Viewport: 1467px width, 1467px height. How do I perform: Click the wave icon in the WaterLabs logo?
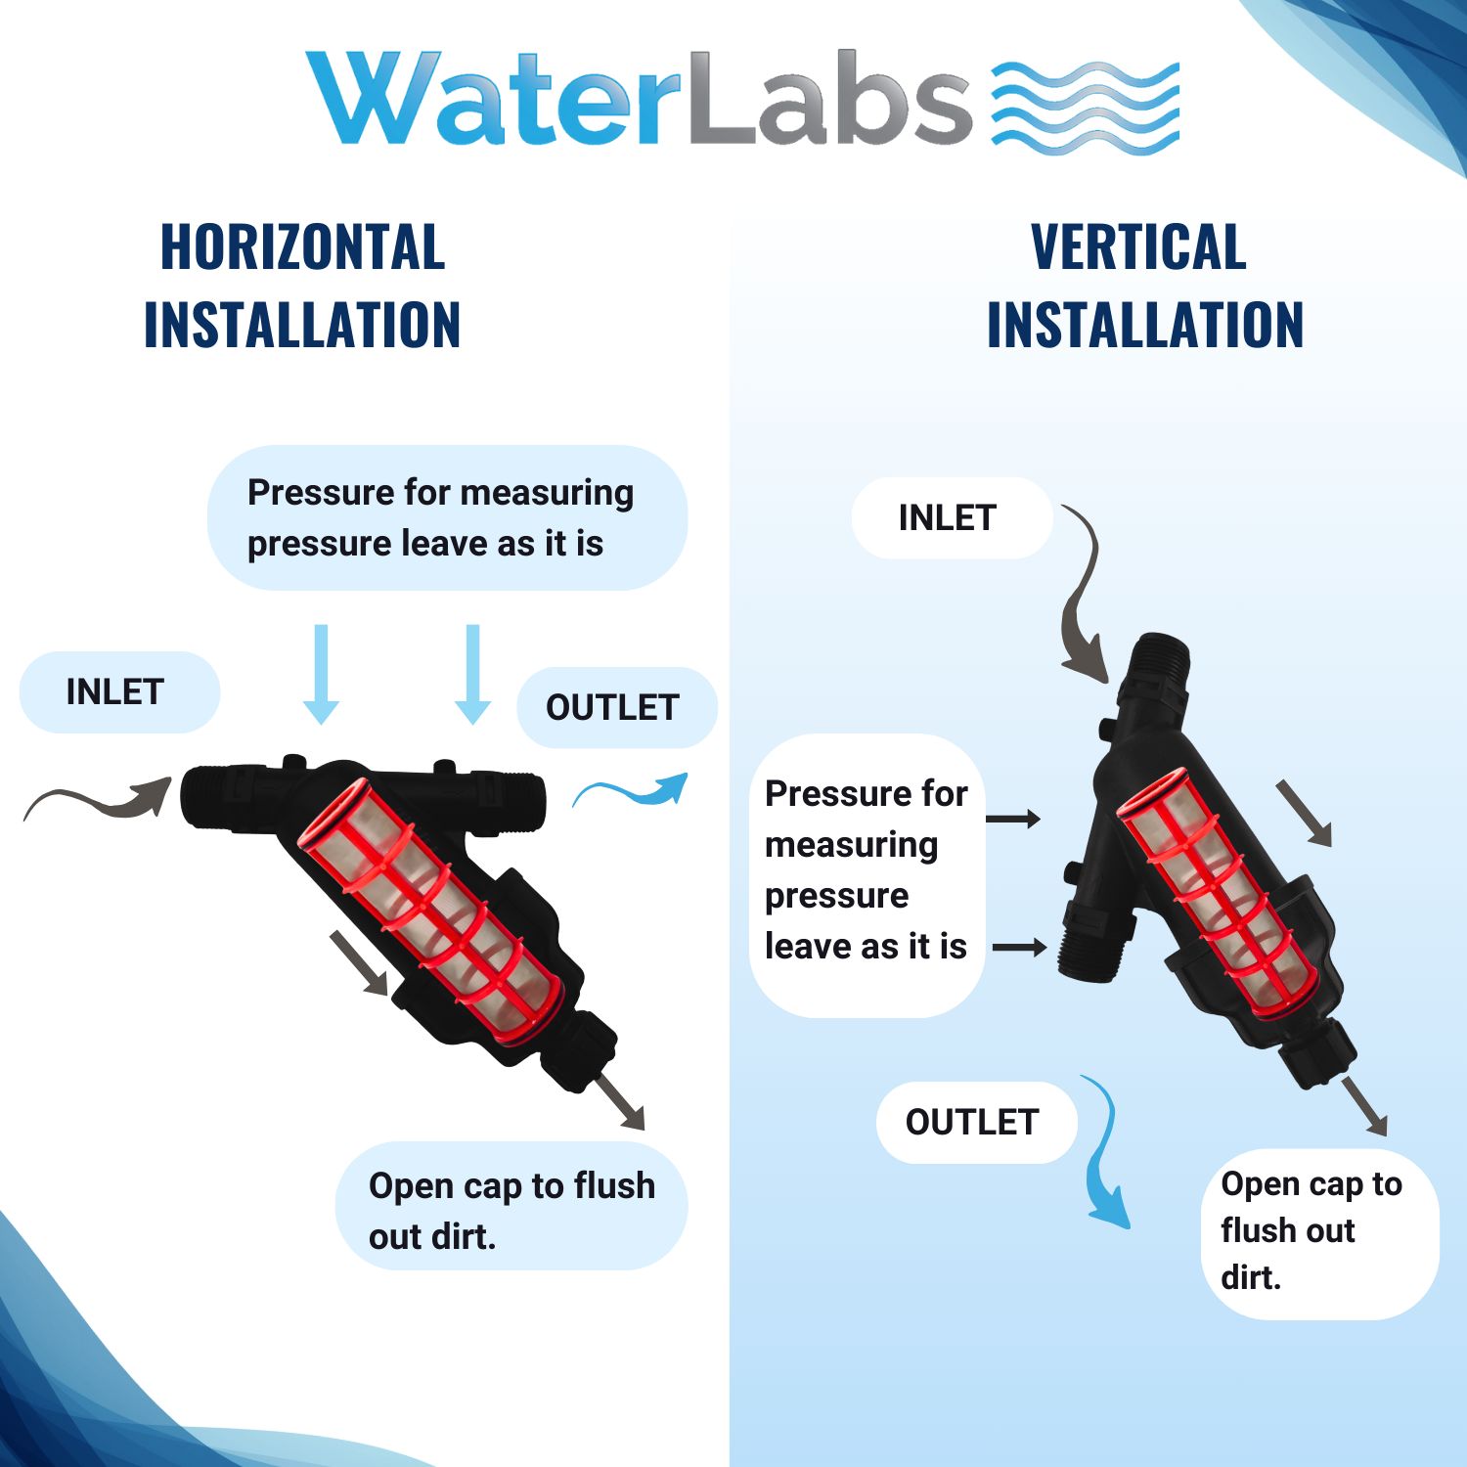pos(1086,108)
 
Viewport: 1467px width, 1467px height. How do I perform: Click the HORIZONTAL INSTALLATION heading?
pos(302,286)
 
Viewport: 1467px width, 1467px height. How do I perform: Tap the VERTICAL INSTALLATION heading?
pos(1145,286)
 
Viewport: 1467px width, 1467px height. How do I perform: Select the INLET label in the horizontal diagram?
pos(114,691)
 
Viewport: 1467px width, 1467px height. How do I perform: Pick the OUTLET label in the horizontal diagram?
pos(612,707)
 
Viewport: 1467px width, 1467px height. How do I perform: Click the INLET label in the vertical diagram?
pos(948,517)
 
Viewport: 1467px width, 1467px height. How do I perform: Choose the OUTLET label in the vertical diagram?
pos(972,1122)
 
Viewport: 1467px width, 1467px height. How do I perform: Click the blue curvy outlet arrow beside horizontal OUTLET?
pos(631,791)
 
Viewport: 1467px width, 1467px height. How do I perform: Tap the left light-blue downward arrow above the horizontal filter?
pos(321,675)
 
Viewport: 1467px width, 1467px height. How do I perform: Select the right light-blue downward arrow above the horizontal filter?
pos(473,675)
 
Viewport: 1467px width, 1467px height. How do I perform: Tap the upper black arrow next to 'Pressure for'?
pos(1013,819)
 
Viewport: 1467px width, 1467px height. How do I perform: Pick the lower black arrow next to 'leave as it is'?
pos(1020,947)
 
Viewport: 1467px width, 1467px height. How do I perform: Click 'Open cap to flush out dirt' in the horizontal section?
pos(511,1211)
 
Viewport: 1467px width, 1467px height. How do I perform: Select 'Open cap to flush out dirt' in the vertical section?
pos(1311,1230)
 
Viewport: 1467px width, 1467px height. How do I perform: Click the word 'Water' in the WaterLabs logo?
pos(494,99)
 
